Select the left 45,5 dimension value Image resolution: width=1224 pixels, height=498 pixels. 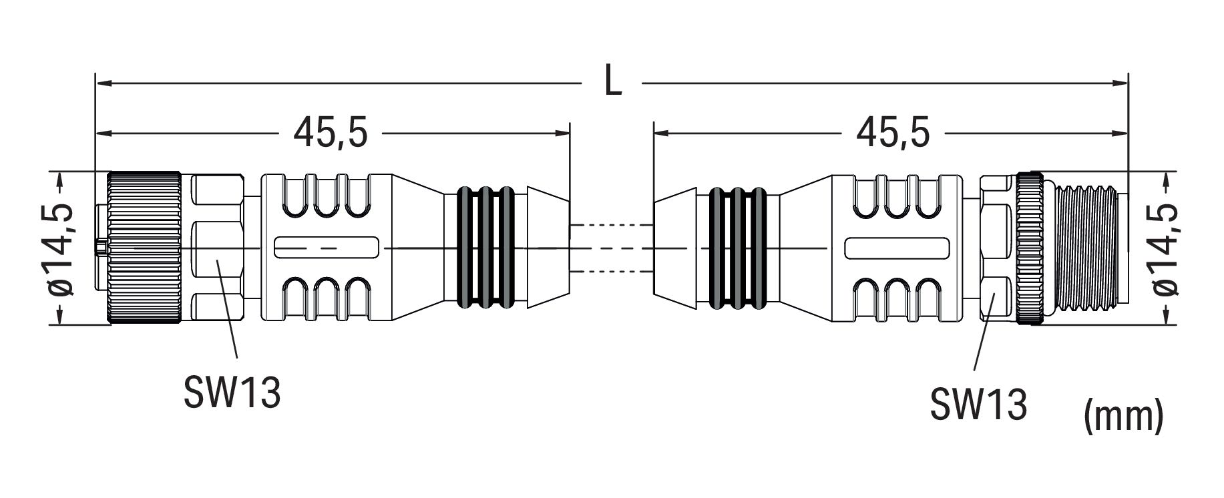click(x=331, y=134)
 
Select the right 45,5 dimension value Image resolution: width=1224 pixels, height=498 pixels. click(x=893, y=134)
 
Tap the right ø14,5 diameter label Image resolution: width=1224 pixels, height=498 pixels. click(x=1163, y=248)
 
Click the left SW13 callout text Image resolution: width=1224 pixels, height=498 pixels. click(x=232, y=393)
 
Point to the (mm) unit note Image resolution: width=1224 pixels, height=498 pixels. click(x=1124, y=416)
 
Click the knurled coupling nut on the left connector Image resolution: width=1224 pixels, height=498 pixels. click(x=144, y=248)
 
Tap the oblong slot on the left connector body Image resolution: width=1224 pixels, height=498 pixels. click(x=327, y=248)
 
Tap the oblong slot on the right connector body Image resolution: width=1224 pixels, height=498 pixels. click(x=897, y=248)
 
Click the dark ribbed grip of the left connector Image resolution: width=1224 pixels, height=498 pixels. click(x=485, y=248)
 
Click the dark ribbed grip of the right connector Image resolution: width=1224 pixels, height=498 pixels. click(x=737, y=248)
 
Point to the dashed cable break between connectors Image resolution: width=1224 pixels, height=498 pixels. click(x=611, y=248)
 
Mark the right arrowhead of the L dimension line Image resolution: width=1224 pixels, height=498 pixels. click(x=1118, y=83)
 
